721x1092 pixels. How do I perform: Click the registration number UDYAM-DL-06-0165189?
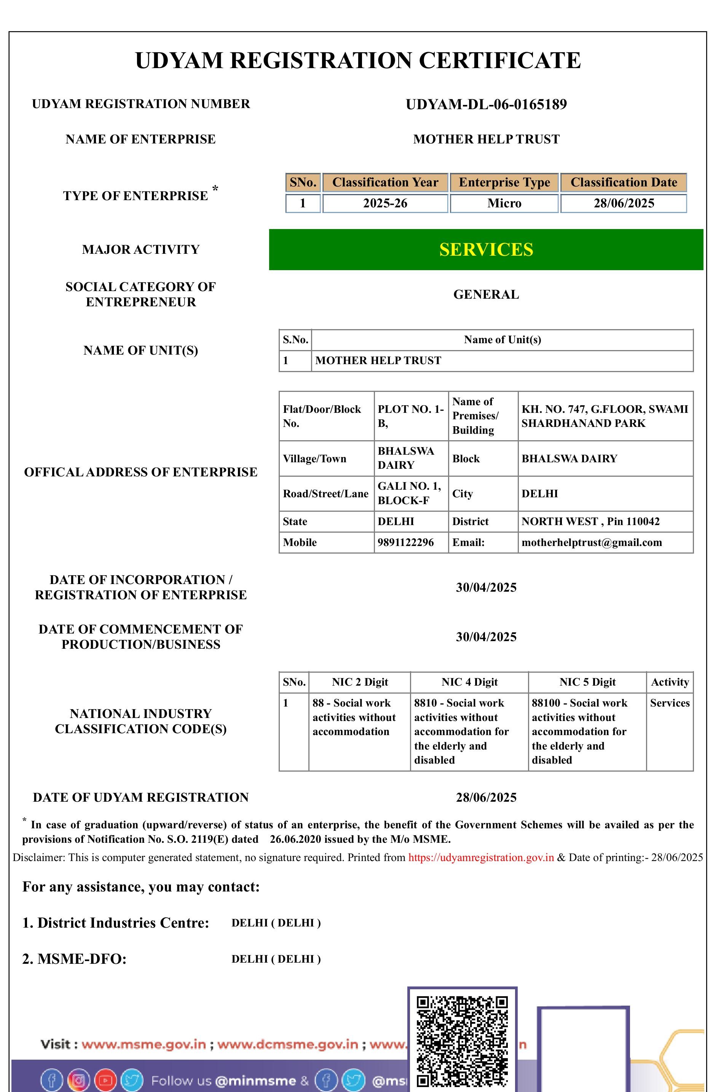pos(486,104)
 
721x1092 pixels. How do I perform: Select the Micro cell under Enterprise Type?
pos(504,203)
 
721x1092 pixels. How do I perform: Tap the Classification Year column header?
pos(385,183)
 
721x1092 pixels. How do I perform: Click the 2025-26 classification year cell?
pos(385,203)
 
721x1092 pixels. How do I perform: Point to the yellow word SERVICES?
pos(486,250)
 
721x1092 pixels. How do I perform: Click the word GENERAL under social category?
pos(486,294)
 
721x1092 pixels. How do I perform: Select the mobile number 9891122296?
pos(405,542)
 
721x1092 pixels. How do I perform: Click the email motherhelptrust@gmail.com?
pos(591,542)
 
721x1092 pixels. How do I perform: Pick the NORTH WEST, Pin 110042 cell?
pos(590,521)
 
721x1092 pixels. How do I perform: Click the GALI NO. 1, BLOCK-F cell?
pos(409,493)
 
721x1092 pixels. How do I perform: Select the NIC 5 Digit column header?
pos(587,682)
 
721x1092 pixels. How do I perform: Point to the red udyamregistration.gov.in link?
pos(481,857)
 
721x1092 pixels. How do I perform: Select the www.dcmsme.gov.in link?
pos(287,1044)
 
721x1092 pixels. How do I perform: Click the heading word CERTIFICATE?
pos(499,60)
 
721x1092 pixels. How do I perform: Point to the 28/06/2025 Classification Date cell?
pos(624,203)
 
